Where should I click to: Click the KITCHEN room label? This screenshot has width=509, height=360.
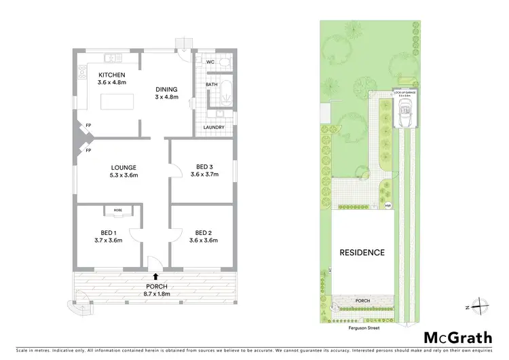pyautogui.click(x=112, y=75)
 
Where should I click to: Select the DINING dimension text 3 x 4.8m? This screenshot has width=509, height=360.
pyautogui.click(x=166, y=97)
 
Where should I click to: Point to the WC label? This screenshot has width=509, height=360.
pyautogui.click(x=210, y=62)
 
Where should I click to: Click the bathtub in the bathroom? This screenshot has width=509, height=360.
pyautogui.click(x=227, y=89)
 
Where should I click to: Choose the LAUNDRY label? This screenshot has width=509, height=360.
pyautogui.click(x=214, y=127)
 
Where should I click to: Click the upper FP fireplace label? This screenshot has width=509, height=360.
pyautogui.click(x=88, y=126)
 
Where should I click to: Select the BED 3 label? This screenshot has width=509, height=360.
pyautogui.click(x=204, y=166)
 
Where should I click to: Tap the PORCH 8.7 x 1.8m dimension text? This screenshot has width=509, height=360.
pyautogui.click(x=156, y=294)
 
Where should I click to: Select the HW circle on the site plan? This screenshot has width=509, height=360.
pyautogui.click(x=388, y=205)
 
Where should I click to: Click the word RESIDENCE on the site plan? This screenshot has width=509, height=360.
pyautogui.click(x=362, y=253)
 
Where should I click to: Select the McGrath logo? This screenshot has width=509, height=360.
pyautogui.click(x=458, y=337)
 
